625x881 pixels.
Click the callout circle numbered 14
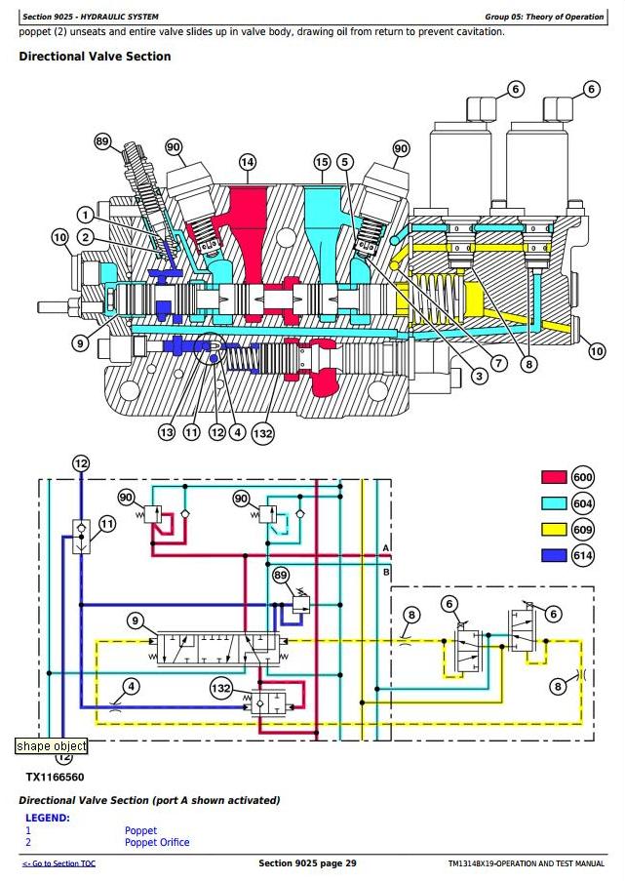(247, 162)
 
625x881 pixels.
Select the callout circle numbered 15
(321, 162)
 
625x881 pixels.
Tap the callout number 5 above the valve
(345, 162)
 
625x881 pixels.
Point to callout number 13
(167, 432)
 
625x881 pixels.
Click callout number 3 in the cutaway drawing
(479, 376)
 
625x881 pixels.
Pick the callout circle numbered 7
(498, 363)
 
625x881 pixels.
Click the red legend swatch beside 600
(554, 477)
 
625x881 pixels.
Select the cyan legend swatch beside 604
(554, 502)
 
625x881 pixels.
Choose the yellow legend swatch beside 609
(554, 529)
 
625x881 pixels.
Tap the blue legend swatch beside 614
(554, 555)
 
